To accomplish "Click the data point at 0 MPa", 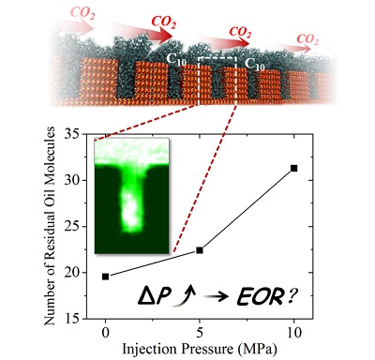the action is (106, 277).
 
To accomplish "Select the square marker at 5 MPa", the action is (200, 250).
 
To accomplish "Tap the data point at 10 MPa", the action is (293, 169).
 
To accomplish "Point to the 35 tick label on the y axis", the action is (71, 135).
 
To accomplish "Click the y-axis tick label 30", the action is (71, 181).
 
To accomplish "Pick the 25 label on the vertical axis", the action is (71, 227).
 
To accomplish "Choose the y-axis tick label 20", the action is (71, 273).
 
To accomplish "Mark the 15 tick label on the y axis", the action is (71, 319).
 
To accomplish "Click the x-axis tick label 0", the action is (106, 332).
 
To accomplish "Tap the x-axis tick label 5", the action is (200, 332).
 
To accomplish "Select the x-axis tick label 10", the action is (293, 332).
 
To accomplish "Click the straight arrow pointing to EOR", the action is (217, 298).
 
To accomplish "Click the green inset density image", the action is (131, 196).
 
